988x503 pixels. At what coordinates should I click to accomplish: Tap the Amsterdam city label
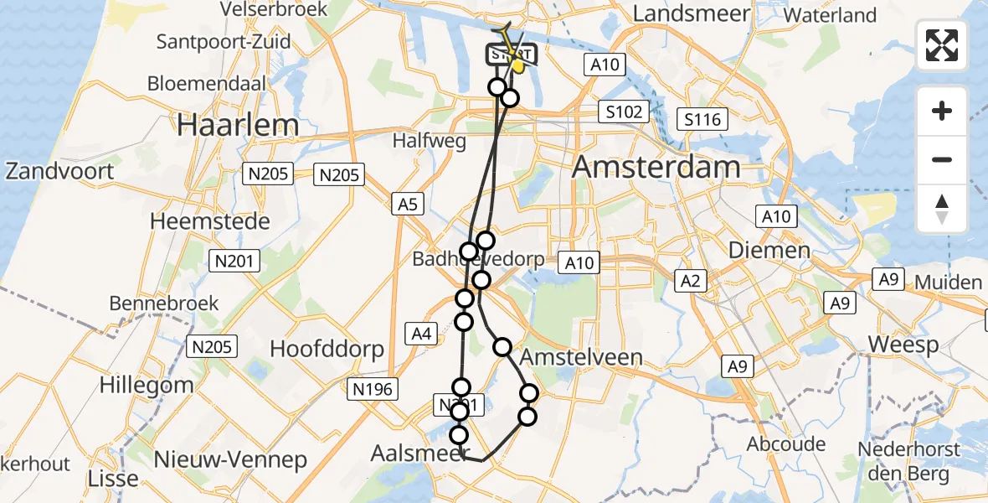tap(657, 167)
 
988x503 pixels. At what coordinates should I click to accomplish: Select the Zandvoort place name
tap(59, 171)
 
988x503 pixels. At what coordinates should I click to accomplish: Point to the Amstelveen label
tap(581, 358)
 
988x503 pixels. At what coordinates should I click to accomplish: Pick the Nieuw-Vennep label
tap(230, 459)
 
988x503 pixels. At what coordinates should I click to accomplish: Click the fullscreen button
tap(942, 45)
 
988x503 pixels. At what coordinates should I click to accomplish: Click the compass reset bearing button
tap(942, 209)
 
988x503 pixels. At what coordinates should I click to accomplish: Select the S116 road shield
tap(702, 120)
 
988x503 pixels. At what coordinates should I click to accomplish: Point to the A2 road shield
tap(690, 281)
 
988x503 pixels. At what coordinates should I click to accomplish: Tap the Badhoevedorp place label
tap(478, 260)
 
